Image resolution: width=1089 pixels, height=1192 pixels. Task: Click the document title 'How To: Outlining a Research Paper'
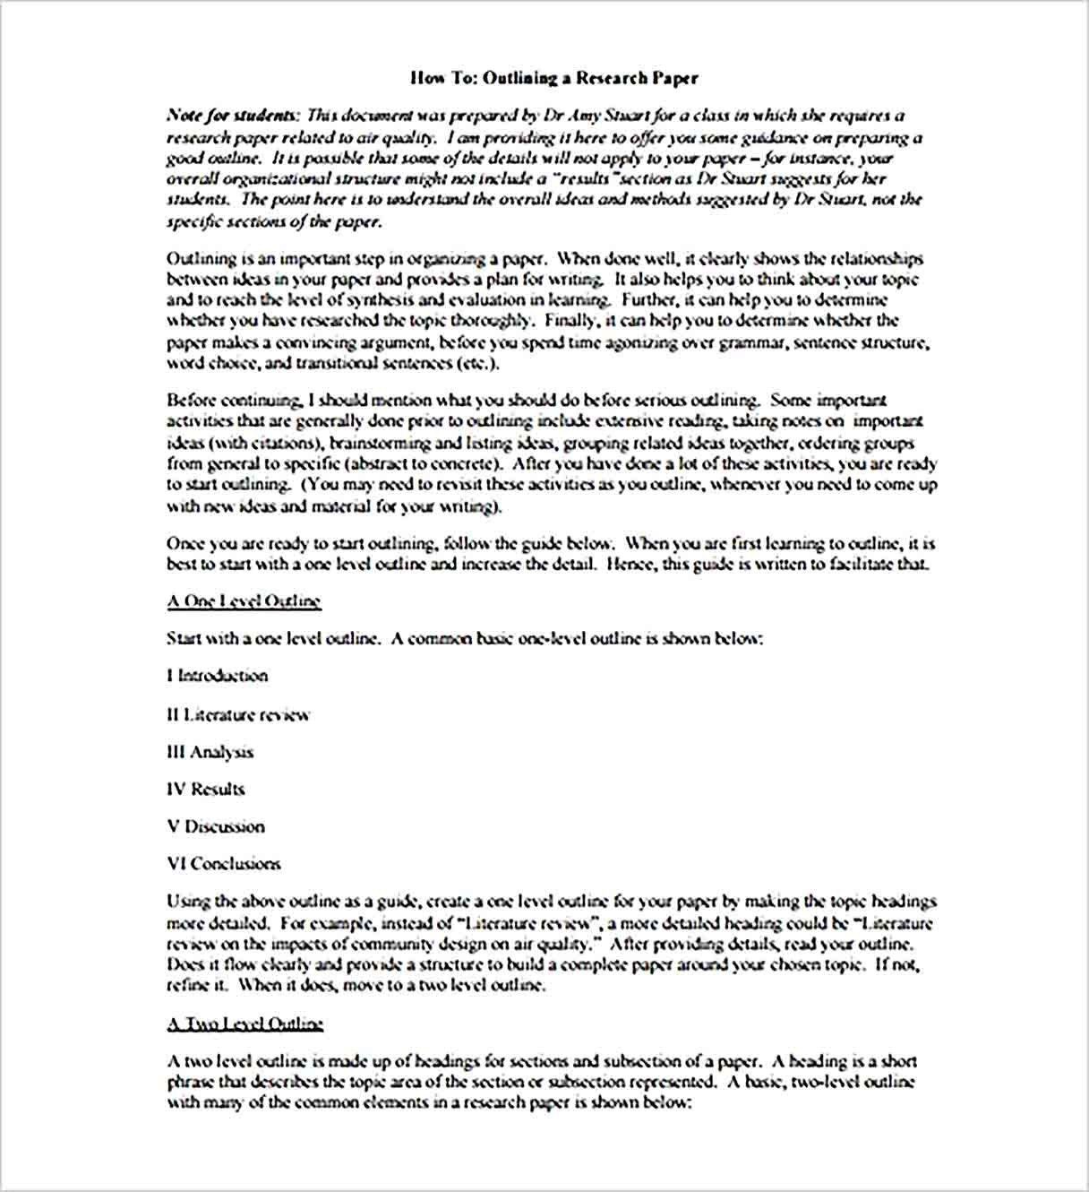pos(553,78)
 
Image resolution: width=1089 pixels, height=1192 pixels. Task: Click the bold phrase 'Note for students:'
pos(233,116)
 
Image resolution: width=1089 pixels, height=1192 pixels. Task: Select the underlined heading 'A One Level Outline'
pos(244,601)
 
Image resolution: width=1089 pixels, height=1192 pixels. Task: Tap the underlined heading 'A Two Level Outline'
pos(244,1024)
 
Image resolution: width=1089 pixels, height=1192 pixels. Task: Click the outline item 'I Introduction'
pos(218,676)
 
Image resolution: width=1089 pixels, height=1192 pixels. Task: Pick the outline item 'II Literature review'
pos(238,715)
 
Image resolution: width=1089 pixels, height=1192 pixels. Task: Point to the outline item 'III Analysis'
pos(210,752)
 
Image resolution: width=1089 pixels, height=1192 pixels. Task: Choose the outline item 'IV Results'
pos(206,790)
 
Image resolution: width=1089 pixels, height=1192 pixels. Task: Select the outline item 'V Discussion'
pos(216,826)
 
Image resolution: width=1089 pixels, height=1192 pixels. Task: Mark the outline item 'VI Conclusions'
pos(224,864)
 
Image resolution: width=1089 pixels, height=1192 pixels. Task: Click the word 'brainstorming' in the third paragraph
pos(381,443)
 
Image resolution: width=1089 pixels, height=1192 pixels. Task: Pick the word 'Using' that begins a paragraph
pos(189,902)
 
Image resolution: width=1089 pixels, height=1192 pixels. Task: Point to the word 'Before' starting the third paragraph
pos(191,401)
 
